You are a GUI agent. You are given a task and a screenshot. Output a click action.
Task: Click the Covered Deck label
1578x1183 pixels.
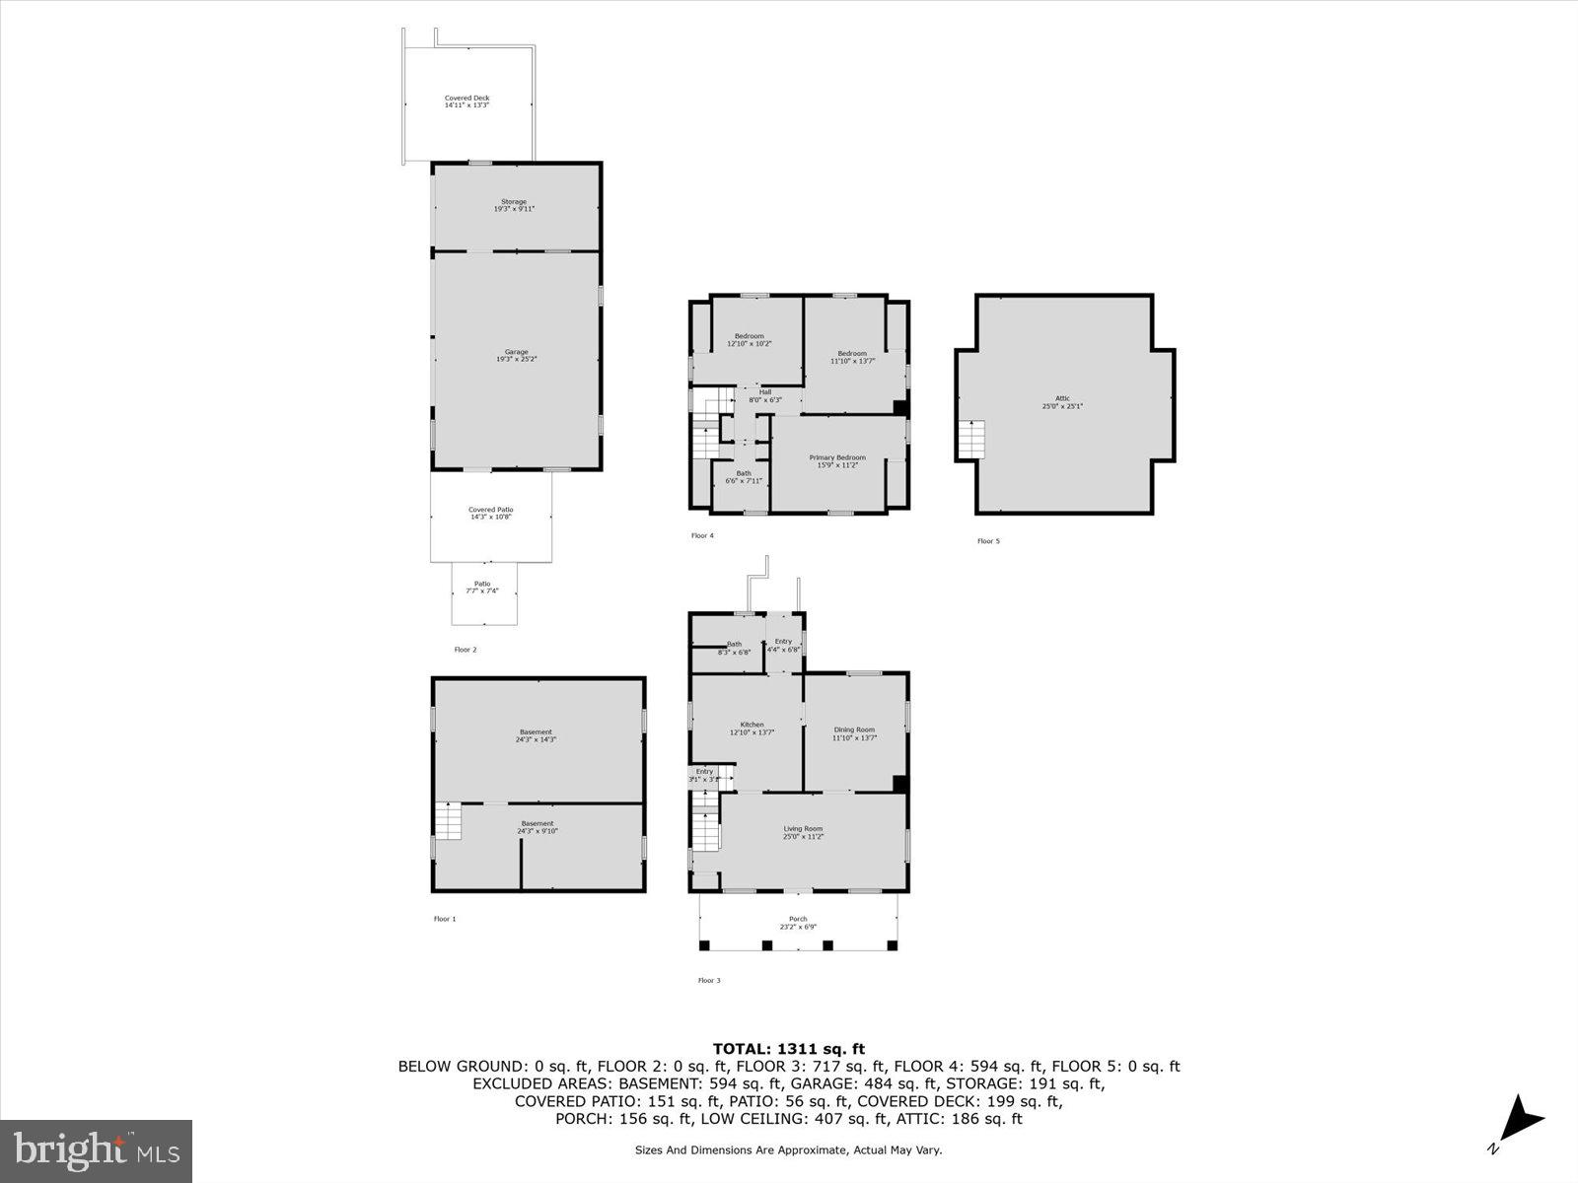(x=466, y=102)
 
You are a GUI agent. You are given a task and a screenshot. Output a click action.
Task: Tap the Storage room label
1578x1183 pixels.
(x=514, y=205)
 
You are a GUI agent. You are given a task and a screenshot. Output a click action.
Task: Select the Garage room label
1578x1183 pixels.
(x=516, y=356)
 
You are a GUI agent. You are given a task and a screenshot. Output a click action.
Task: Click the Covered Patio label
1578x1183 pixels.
(x=490, y=514)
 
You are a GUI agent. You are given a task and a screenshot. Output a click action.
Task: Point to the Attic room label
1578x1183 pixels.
(x=1062, y=402)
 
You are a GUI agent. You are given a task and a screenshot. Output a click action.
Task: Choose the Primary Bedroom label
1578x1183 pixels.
(x=837, y=460)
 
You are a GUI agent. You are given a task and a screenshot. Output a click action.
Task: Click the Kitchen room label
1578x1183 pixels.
(x=752, y=729)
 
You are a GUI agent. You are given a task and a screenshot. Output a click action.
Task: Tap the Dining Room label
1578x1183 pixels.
(x=854, y=733)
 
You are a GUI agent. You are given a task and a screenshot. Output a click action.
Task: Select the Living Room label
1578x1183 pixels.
(x=803, y=832)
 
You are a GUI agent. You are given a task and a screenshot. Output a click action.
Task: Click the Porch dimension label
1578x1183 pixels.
(x=798, y=927)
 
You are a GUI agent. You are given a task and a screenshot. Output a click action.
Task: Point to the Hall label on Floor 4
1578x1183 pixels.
(x=764, y=395)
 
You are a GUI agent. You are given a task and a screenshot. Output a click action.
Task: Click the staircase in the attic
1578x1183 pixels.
(x=971, y=440)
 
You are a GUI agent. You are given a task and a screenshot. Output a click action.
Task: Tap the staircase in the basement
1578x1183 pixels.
(x=448, y=821)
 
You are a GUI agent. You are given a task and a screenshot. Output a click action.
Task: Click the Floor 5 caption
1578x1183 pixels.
(x=988, y=541)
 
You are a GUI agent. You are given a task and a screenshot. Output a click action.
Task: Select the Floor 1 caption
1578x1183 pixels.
(x=445, y=919)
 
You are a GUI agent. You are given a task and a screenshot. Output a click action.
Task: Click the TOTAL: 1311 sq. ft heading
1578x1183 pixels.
(x=788, y=1049)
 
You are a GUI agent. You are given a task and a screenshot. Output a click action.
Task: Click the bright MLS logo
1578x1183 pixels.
(x=97, y=1150)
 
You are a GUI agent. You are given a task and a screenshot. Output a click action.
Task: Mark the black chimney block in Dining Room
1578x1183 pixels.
(x=899, y=784)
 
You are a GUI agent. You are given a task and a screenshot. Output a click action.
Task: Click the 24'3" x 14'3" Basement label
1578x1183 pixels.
(x=537, y=735)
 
